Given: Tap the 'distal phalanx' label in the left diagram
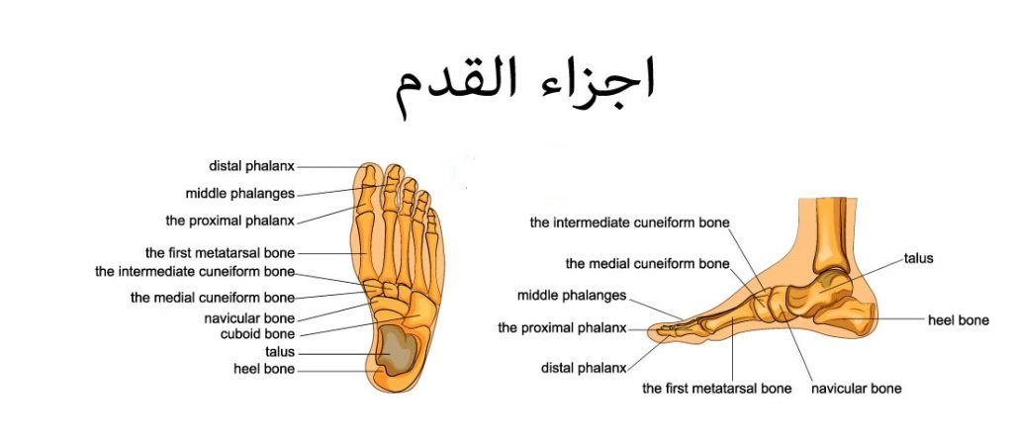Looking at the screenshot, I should click(251, 166).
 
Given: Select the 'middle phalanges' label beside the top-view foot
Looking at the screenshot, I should click(239, 193).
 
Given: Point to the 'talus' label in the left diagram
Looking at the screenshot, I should click(279, 352).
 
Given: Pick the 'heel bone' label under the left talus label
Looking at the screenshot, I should click(264, 369).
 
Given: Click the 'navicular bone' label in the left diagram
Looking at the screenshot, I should click(249, 318).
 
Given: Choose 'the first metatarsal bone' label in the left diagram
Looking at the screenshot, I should click(219, 252).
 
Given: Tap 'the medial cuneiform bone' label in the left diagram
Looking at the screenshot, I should click(212, 297).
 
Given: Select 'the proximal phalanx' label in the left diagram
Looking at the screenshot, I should click(229, 220).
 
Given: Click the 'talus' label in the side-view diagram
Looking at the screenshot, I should click(918, 258).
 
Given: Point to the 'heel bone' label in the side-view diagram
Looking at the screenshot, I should click(958, 320).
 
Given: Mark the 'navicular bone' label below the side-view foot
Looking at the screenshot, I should click(856, 389).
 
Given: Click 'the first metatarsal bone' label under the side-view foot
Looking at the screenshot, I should click(716, 389).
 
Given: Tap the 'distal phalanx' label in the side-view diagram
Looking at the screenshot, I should click(583, 368).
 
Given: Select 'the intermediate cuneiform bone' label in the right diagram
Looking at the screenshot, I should click(629, 222).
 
